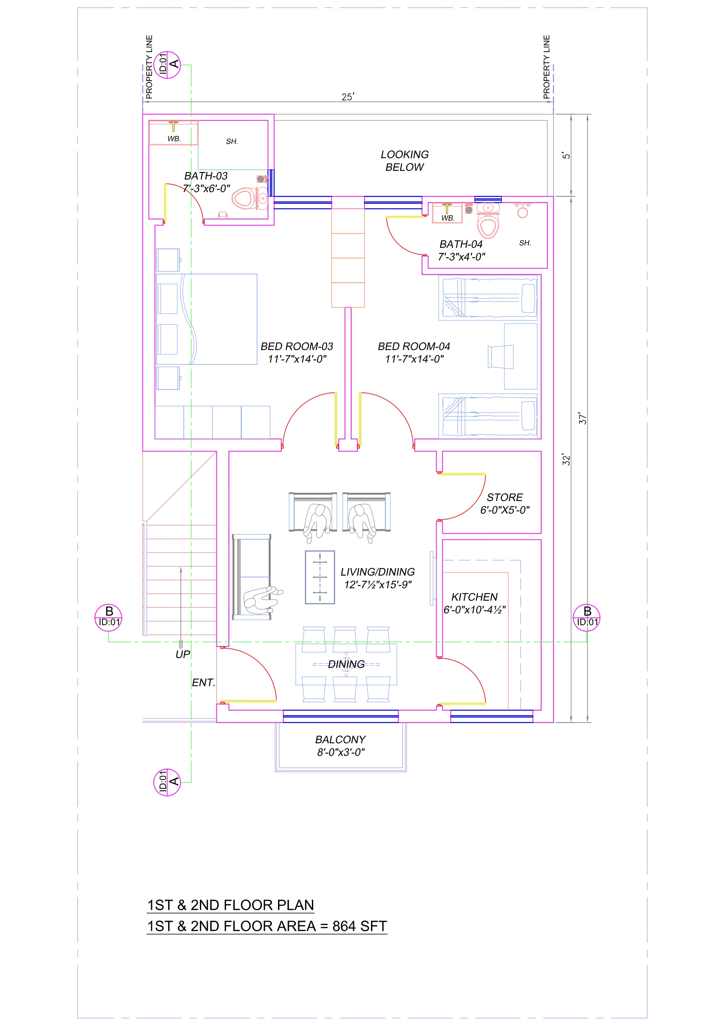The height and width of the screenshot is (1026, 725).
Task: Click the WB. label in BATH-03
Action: pos(174,139)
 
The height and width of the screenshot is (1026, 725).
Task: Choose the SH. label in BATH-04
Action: pos(525,243)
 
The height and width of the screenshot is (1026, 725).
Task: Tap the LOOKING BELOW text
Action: pos(405,161)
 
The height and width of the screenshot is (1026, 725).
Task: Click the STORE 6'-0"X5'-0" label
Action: pos(505,503)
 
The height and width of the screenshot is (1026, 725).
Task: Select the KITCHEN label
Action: pos(474,597)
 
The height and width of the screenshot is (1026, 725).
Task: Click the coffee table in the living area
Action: pos(320,577)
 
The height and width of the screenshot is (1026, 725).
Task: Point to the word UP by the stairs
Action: pos(183,655)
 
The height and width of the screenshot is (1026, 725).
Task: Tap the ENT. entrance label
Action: pos(204,683)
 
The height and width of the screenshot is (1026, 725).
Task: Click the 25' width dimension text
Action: pos(348,97)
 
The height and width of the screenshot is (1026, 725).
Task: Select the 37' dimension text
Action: pos(582,418)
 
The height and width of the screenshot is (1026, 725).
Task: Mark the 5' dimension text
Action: pos(566,155)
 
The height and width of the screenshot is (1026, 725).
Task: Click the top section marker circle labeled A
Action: pos(167,65)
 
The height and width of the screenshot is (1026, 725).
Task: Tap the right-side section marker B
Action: pos(587,618)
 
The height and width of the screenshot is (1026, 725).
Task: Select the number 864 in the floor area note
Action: pos(344,926)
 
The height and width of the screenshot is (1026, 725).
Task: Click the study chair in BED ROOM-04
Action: pos(500,357)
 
